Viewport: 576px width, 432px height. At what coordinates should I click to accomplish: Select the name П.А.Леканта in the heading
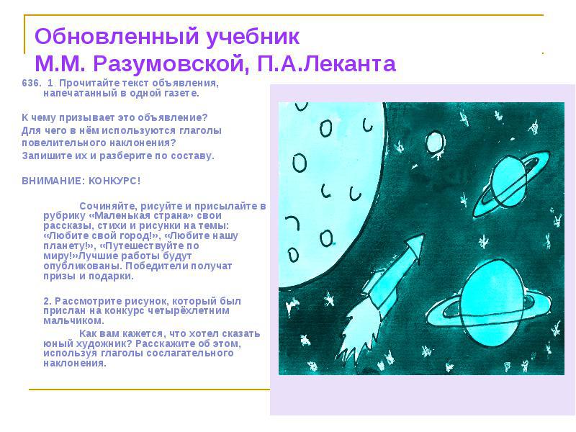(x=327, y=63)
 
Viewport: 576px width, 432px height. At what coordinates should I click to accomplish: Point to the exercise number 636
(x=32, y=83)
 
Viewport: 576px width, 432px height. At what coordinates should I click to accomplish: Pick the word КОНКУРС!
(x=114, y=181)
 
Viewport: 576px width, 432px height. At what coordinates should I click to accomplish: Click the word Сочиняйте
(x=109, y=206)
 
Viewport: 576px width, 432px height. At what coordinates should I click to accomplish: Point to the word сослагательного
(x=190, y=353)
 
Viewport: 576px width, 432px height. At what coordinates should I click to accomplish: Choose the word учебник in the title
(x=253, y=37)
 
